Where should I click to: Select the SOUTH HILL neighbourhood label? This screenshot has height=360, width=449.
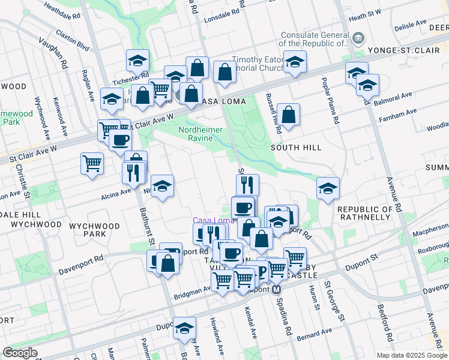(296, 147)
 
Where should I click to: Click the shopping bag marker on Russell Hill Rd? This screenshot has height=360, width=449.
(289, 115)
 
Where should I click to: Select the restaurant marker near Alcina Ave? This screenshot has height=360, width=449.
(133, 172)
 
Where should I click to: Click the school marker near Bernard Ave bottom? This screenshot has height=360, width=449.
(184, 328)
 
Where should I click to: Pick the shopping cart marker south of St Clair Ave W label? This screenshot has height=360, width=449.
(92, 163)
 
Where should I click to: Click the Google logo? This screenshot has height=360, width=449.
(20, 353)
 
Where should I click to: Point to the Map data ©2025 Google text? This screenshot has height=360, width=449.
(411, 355)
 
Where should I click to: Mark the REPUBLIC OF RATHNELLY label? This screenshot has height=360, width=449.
(369, 213)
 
